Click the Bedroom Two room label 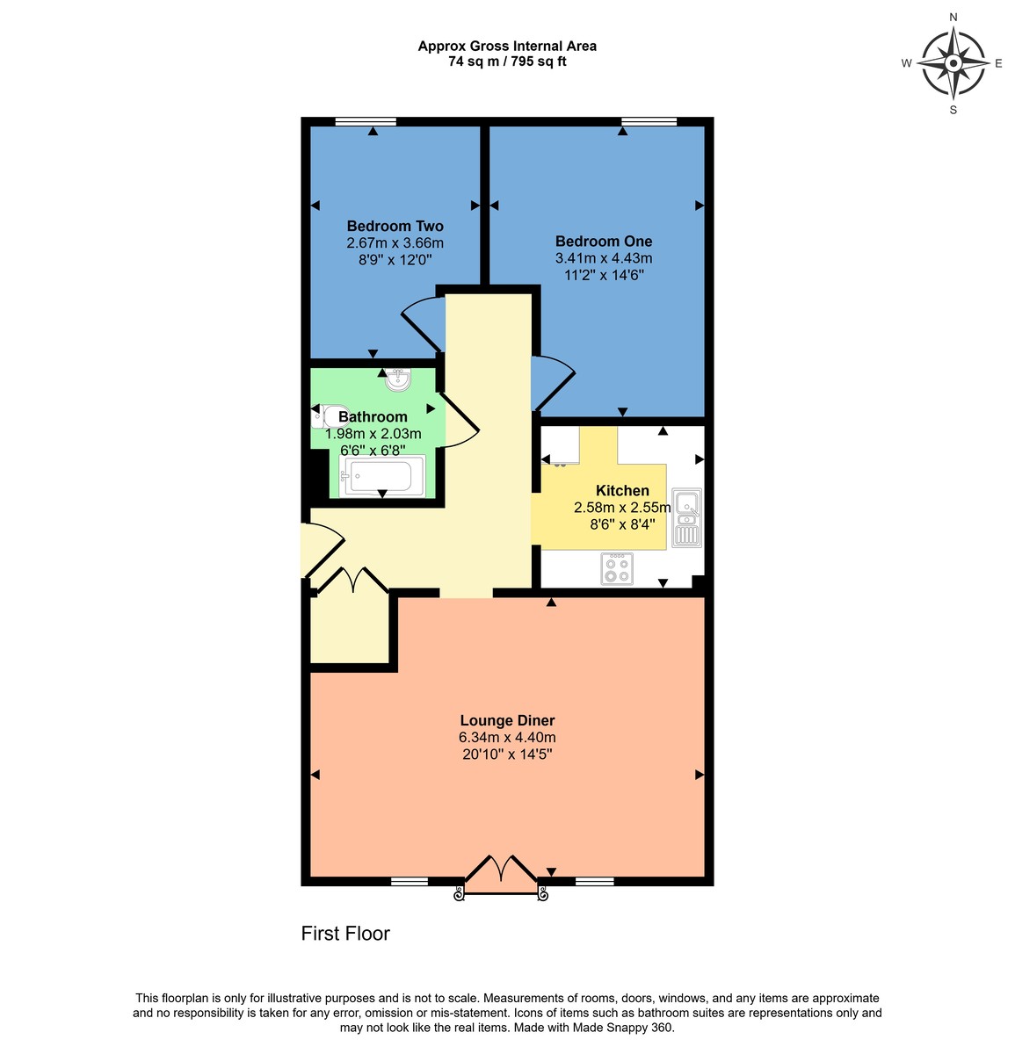click(x=395, y=226)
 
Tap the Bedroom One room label click(x=603, y=242)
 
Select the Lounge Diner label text click(x=507, y=721)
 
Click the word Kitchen click(x=622, y=491)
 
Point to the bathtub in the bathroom click(x=383, y=477)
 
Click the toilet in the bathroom click(x=325, y=416)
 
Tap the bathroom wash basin click(x=398, y=379)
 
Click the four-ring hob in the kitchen click(x=617, y=568)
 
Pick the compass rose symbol click(x=953, y=63)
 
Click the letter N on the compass click(x=953, y=17)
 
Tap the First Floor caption click(x=345, y=934)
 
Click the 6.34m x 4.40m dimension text click(x=507, y=738)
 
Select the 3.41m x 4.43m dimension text click(x=603, y=258)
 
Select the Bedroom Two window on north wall click(x=366, y=121)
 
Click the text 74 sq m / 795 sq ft click(x=507, y=61)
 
